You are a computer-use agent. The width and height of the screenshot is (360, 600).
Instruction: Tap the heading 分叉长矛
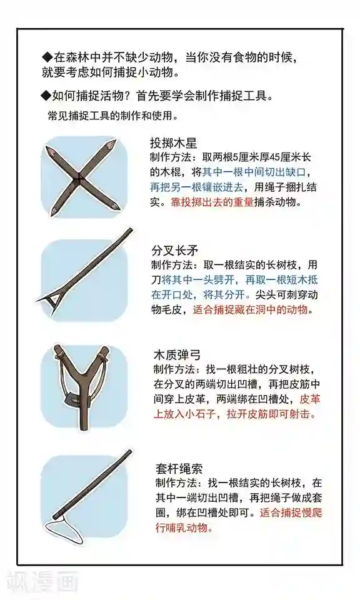pos(175,251)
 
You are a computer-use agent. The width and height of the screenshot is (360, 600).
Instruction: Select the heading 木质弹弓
pos(177,355)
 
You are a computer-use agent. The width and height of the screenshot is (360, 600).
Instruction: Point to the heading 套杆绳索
pos(179,468)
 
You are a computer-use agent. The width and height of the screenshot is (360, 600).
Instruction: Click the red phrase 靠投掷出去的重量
pos(212,202)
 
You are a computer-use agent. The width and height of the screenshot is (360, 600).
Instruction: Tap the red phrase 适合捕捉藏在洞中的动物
pos(250,309)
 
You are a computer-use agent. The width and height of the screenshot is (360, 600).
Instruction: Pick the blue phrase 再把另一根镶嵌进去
pos(196,187)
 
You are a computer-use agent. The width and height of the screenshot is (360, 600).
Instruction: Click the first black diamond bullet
pos(47,57)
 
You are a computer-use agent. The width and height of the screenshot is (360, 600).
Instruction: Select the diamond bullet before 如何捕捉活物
pos(47,96)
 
